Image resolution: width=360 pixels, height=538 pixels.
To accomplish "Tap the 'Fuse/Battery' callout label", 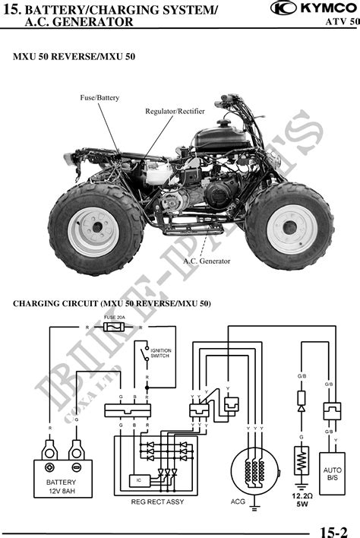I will click(99, 98).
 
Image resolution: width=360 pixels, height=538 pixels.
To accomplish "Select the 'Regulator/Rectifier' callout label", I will click(175, 112).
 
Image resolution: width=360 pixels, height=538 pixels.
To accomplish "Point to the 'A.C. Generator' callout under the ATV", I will click(206, 261).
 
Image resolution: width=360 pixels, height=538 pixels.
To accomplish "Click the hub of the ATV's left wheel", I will click(94, 228).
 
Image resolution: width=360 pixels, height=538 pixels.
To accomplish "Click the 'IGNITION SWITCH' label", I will click(161, 354).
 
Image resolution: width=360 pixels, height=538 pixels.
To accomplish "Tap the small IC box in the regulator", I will click(138, 480).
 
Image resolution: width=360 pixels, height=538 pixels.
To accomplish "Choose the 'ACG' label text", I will click(238, 502).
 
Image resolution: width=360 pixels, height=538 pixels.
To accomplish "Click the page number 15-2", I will click(333, 530).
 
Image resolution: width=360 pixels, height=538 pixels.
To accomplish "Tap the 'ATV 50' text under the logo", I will click(343, 22).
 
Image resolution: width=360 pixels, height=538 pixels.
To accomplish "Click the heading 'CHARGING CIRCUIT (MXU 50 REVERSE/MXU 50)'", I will click(112, 304).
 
